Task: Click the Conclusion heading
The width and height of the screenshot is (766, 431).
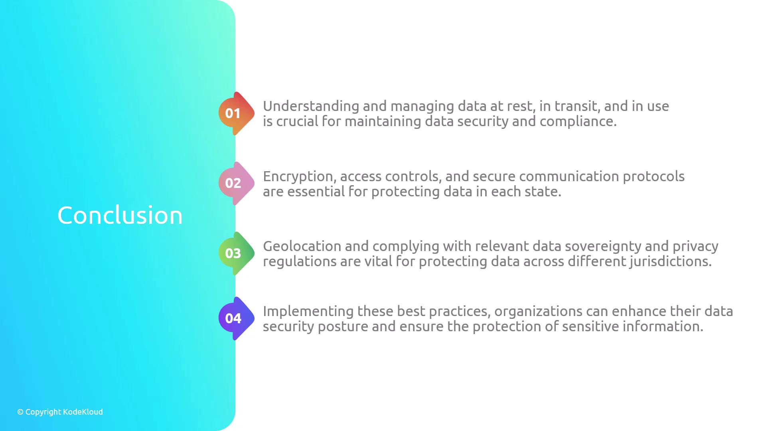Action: coord(120,215)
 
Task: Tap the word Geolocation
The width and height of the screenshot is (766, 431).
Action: coord(302,246)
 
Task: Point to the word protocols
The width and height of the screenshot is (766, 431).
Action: coord(653,177)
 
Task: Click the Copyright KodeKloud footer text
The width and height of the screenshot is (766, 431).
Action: coord(60,412)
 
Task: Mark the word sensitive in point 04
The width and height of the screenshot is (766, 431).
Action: coord(590,327)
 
